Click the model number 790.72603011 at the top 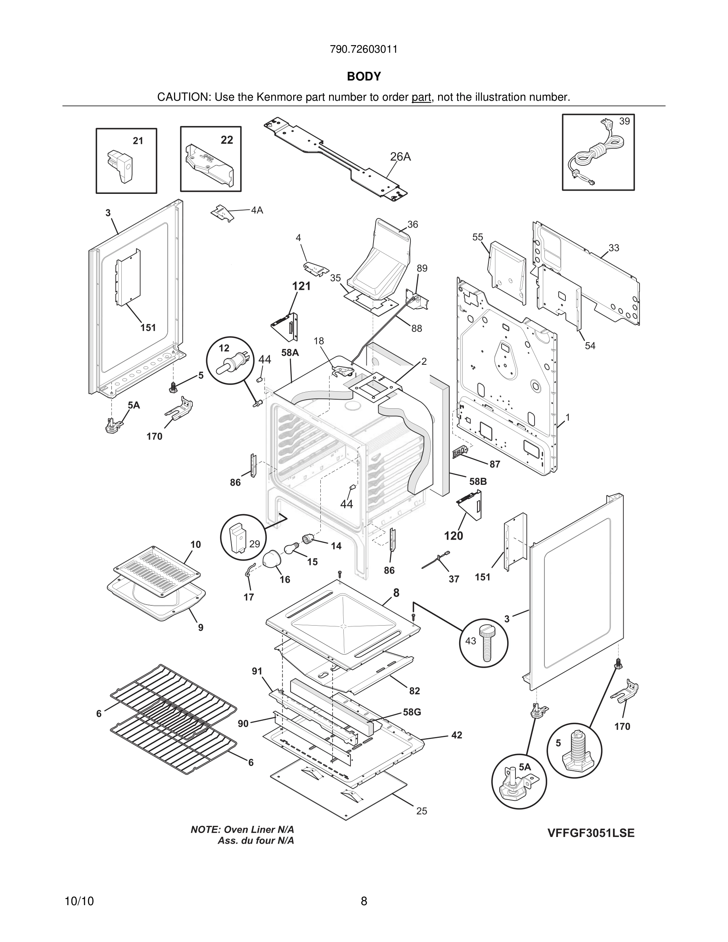coord(364,49)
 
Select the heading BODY coord(364,77)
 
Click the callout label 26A coord(400,157)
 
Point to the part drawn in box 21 coord(121,166)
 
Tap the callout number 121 coord(301,286)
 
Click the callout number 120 coord(453,536)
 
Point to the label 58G coord(412,712)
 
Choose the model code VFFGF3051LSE coord(591,833)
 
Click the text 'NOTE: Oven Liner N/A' coord(242,829)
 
